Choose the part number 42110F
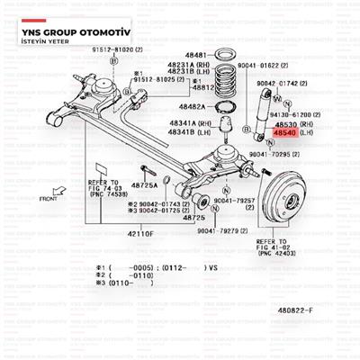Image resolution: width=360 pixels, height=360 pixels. coord(139,232)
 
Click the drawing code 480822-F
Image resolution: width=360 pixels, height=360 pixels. coord(321,310)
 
